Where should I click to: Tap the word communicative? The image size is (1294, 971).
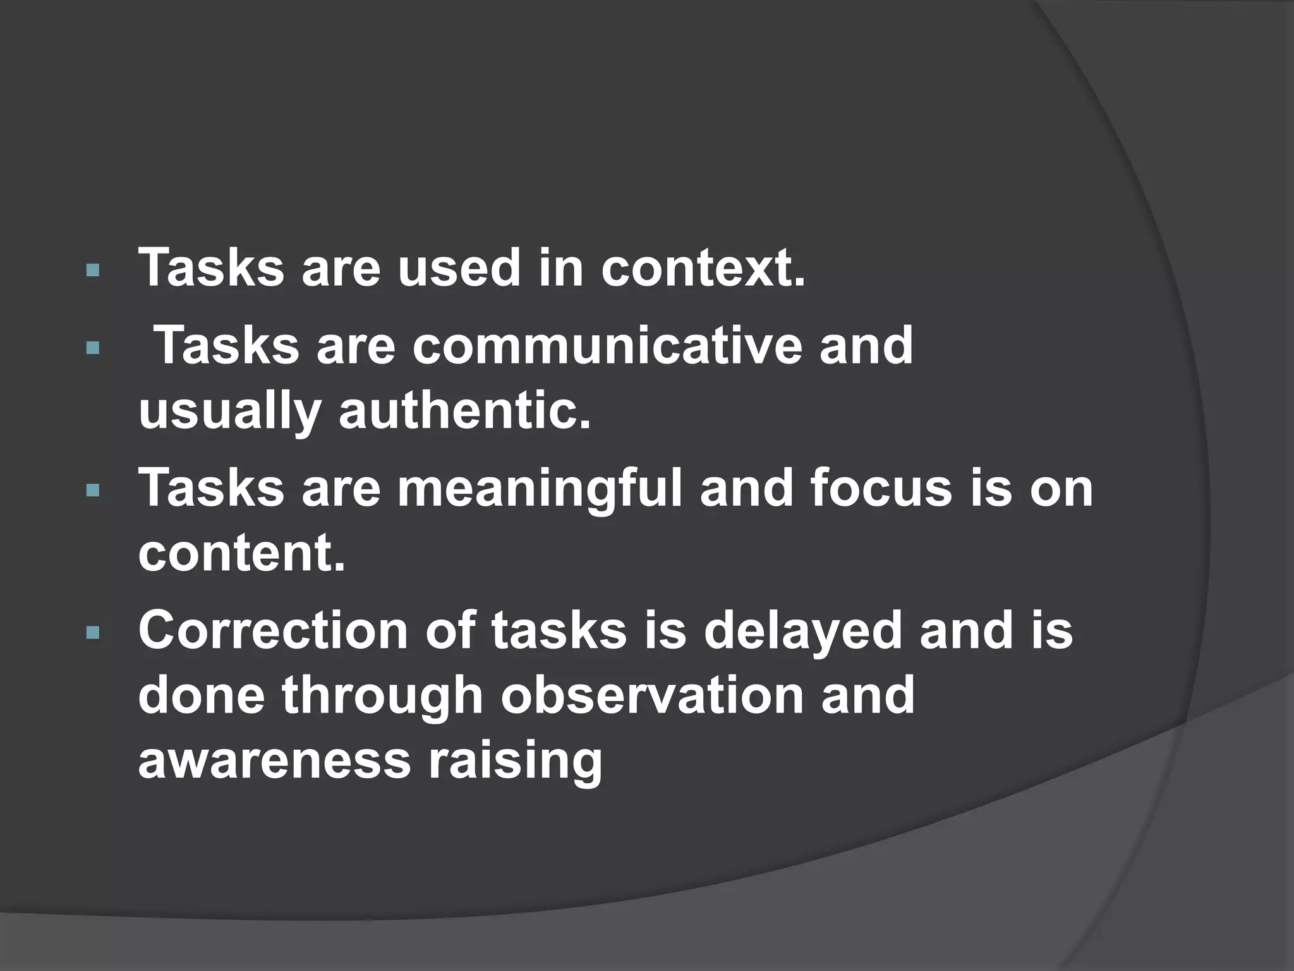point(607,346)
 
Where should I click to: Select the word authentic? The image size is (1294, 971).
point(465,411)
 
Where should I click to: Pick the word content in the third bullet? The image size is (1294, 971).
point(241,553)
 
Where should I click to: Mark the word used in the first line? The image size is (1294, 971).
point(459,268)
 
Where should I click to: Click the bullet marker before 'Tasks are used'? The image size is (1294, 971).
point(93,271)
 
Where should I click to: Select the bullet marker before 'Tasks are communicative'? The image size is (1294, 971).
point(93,348)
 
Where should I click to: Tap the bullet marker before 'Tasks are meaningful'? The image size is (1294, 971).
point(93,491)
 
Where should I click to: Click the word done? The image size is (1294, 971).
point(201,695)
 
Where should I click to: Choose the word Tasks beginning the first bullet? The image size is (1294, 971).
point(211,268)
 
